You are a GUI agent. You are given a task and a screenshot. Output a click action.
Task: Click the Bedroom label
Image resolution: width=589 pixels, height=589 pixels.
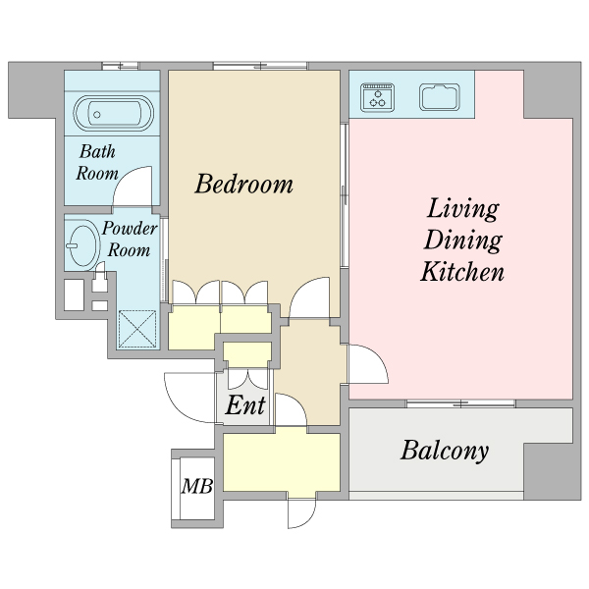pyautogui.click(x=243, y=185)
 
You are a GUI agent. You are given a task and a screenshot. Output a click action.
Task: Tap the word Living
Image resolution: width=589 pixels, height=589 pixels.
pyautogui.click(x=462, y=210)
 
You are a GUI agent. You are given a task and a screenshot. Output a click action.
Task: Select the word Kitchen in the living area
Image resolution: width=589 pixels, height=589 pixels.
pyautogui.click(x=462, y=271)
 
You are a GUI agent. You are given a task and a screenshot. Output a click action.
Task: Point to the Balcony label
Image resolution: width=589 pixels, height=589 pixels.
pyautogui.click(x=445, y=451)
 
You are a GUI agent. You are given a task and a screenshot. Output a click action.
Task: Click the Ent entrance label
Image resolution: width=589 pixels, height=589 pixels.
pyautogui.click(x=245, y=404)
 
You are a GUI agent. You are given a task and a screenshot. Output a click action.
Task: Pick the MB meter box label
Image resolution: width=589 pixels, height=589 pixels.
pyautogui.click(x=197, y=486)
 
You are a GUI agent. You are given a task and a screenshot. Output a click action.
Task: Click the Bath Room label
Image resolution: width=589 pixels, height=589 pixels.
pyautogui.click(x=97, y=162)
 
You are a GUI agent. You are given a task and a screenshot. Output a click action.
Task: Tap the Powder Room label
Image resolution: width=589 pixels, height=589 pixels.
pyautogui.click(x=130, y=239)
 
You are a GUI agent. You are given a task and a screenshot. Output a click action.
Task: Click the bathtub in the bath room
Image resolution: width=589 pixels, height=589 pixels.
pyautogui.click(x=114, y=114)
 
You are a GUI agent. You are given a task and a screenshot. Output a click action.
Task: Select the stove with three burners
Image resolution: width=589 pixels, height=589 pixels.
pyautogui.click(x=378, y=97)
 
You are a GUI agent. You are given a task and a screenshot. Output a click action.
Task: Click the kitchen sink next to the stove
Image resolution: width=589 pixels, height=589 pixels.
pyautogui.click(x=440, y=97)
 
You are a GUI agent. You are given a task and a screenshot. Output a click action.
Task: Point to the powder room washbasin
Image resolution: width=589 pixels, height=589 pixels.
pyautogui.click(x=83, y=245)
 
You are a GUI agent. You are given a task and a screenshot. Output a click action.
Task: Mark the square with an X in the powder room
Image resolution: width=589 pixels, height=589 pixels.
pyautogui.click(x=137, y=329)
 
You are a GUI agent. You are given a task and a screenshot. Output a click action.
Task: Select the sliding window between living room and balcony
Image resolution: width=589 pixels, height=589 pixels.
pyautogui.click(x=461, y=403)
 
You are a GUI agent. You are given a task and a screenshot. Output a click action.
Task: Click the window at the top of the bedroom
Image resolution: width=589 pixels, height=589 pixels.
pyautogui.click(x=260, y=66)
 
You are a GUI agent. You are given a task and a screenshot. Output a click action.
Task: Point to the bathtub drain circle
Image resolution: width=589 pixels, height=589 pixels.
pyautogui.click(x=97, y=115)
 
